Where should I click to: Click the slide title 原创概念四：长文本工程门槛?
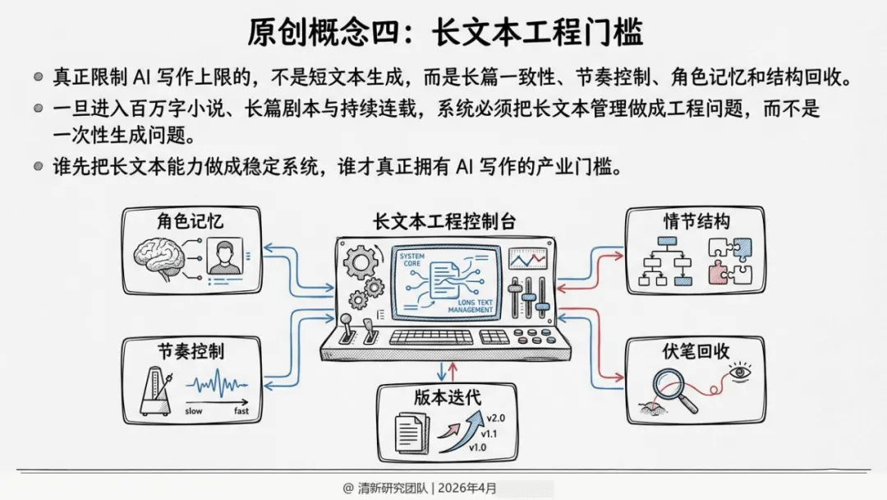(444, 32)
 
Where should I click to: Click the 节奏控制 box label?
(191, 351)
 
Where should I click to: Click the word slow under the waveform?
(194, 410)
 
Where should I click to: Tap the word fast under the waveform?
(241, 410)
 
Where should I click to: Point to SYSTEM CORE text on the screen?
(411, 261)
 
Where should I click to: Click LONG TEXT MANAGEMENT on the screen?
(471, 308)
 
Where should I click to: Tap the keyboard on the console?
(432, 336)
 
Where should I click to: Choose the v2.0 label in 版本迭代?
(495, 418)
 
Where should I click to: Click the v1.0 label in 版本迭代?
(478, 447)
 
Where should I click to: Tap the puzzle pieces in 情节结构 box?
(730, 261)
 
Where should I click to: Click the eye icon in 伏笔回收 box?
(740, 373)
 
